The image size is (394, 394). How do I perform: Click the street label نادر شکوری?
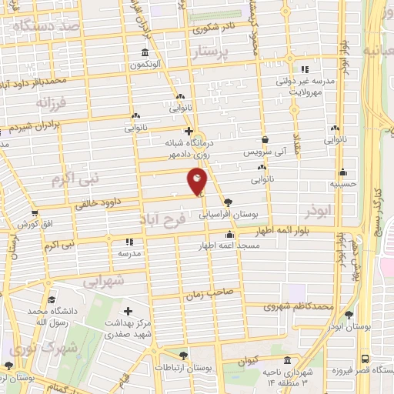(x=223, y=27)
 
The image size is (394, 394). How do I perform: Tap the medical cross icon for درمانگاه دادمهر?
(x=189, y=131)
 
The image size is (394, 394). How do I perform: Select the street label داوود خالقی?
(x=99, y=202)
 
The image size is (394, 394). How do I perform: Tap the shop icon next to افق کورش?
(x=34, y=213)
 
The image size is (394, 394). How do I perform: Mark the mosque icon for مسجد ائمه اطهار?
(x=229, y=235)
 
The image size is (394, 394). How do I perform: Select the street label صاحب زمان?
(x=203, y=293)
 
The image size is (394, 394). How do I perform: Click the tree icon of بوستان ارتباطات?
(x=183, y=355)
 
